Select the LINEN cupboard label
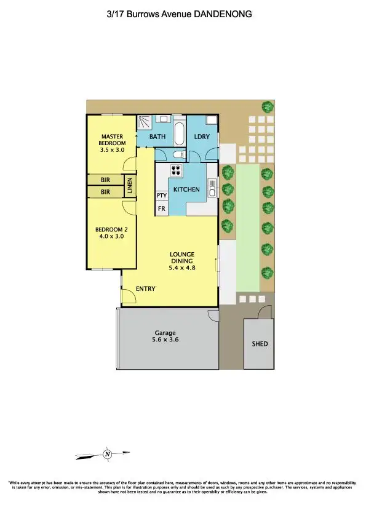(x=130, y=186)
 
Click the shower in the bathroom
(x=144, y=121)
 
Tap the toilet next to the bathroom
(x=178, y=154)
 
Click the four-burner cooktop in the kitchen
(x=175, y=171)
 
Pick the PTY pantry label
(x=162, y=196)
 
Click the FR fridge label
(x=162, y=209)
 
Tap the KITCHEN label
(x=185, y=189)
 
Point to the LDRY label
(x=202, y=137)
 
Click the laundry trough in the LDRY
(x=211, y=120)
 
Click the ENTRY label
(x=146, y=289)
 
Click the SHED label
(x=260, y=344)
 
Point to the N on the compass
(x=107, y=455)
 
